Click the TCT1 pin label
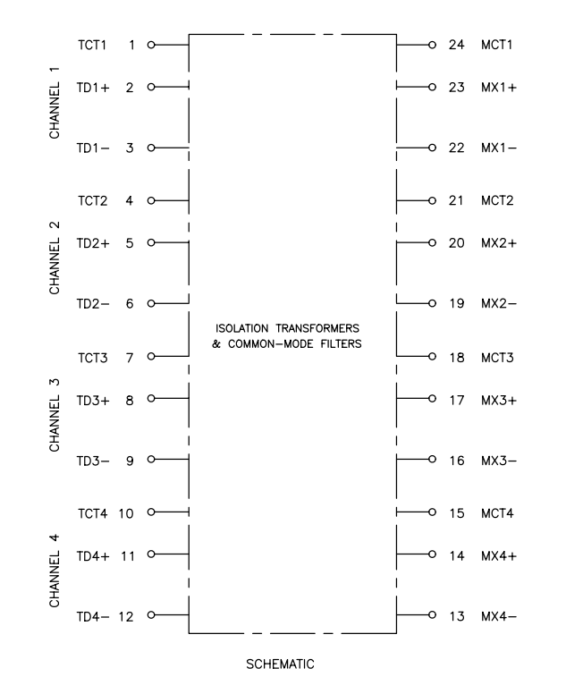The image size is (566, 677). tap(92, 45)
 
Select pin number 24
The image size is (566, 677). tap(456, 45)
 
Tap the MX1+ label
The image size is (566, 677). tap(499, 88)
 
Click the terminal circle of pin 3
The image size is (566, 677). tap(151, 148)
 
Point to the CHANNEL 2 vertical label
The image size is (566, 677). tap(55, 258)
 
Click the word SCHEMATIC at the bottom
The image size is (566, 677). tap(280, 664)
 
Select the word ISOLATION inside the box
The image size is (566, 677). tap(241, 328)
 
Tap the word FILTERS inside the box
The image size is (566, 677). tap(341, 344)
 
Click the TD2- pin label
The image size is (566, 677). tap(93, 304)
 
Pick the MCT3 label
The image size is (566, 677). tap(497, 358)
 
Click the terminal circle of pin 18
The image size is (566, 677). tap(432, 356)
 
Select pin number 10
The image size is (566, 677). tap(126, 513)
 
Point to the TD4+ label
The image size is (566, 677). tap(93, 556)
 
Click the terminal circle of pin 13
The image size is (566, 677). tap(432, 614)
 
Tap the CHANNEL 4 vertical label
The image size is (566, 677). tap(55, 571)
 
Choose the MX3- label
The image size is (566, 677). tap(499, 461)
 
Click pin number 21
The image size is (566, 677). tap(456, 200)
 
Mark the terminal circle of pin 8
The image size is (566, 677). tap(151, 398)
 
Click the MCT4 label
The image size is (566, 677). tap(497, 513)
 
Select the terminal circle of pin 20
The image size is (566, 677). tap(432, 242)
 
